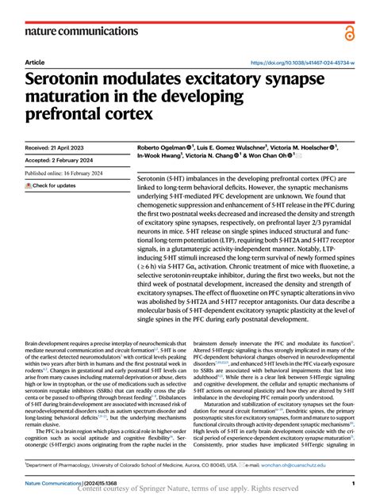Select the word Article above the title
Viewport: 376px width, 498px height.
click(x=35, y=62)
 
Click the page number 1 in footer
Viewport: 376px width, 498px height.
click(x=351, y=482)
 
